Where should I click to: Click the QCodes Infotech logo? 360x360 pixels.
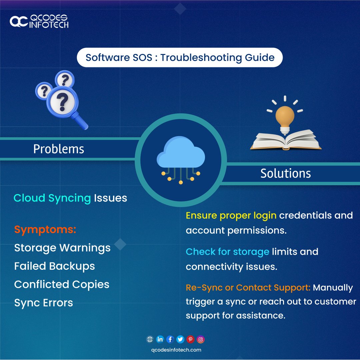coord(39,21)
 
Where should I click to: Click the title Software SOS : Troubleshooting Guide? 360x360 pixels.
coord(180,58)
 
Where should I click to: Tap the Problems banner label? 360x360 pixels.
coord(59,149)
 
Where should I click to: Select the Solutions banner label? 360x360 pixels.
coord(286,173)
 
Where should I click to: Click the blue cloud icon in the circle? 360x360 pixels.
coord(181,154)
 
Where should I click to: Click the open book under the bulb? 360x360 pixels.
coord(286,140)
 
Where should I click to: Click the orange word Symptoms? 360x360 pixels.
coord(45,229)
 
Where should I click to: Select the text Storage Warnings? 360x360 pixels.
coord(62,248)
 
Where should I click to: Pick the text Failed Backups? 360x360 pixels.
coord(55,266)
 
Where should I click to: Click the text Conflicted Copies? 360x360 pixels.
coord(62,284)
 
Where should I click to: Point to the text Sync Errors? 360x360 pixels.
coord(44,303)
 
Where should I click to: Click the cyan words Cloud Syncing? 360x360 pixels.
coord(52,198)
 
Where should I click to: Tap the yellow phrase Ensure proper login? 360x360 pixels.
coord(231,215)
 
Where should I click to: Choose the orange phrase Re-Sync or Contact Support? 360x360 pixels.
coord(248,287)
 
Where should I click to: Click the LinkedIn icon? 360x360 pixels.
coord(160,339)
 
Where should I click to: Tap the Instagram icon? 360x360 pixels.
coord(201,339)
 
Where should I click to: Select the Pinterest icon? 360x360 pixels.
coord(190,339)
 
